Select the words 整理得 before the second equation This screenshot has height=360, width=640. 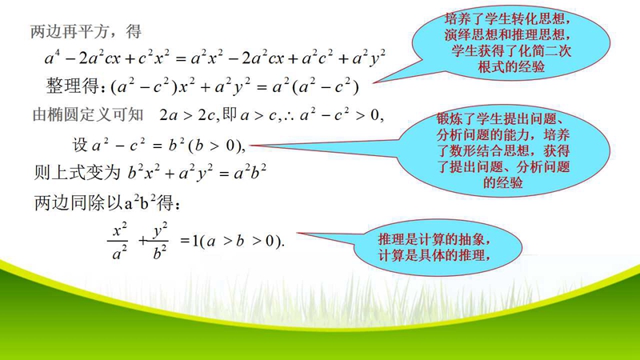pyautogui.click(x=71, y=86)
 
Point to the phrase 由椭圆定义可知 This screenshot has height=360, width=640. pyautogui.click(x=88, y=114)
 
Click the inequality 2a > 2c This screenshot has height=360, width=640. pyautogui.click(x=187, y=115)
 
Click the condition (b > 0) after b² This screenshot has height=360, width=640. pyautogui.click(x=214, y=146)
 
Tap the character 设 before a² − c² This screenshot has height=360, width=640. pyautogui.click(x=80, y=145)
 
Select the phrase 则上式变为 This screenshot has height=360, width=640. pyautogui.click(x=77, y=172)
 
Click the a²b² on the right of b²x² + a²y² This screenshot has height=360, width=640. pyautogui.click(x=250, y=172)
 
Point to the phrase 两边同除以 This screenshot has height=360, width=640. pyautogui.click(x=78, y=202)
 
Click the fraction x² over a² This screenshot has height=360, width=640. pyautogui.click(x=118, y=241)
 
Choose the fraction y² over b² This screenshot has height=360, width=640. pyautogui.click(x=159, y=241)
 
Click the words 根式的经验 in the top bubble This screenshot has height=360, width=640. pyautogui.click(x=511, y=66)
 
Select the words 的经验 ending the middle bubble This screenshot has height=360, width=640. pyautogui.click(x=503, y=182)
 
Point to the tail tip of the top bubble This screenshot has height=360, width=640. pyautogui.click(x=372, y=83)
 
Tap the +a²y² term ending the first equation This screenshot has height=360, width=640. pyautogui.click(x=362, y=58)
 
